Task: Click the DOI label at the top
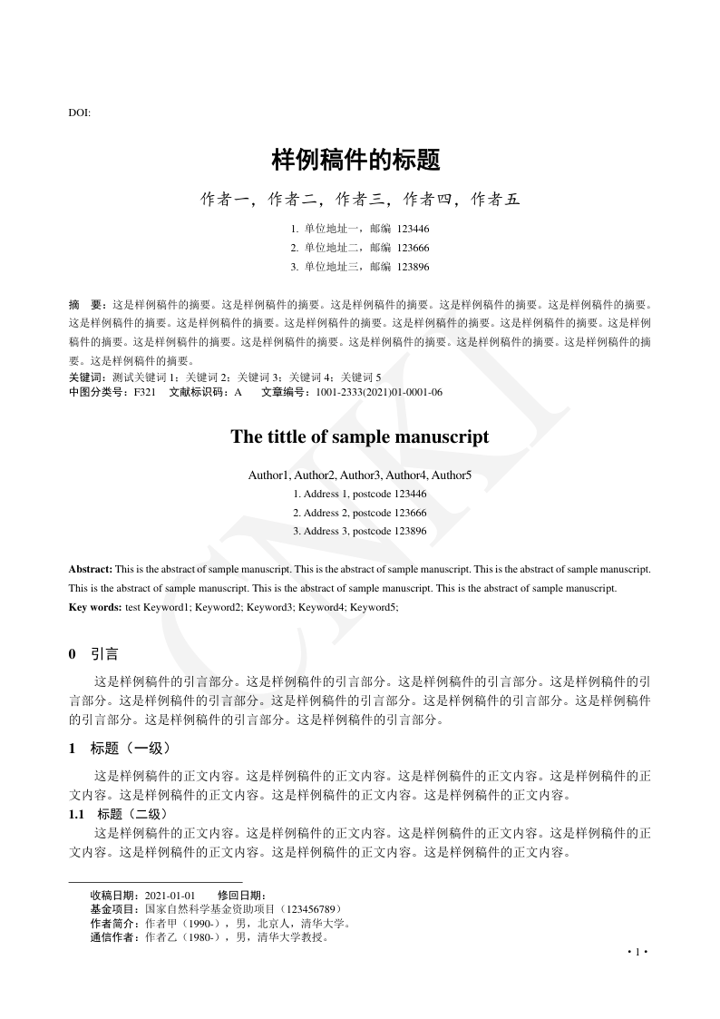[79, 113]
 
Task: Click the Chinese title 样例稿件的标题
[356, 161]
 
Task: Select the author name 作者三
[360, 199]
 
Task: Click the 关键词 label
[86, 377]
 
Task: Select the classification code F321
[145, 392]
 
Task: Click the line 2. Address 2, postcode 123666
[360, 513]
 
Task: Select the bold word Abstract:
[91, 569]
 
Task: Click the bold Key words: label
[95, 606]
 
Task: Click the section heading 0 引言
[92, 654]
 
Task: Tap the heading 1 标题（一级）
[119, 749]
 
